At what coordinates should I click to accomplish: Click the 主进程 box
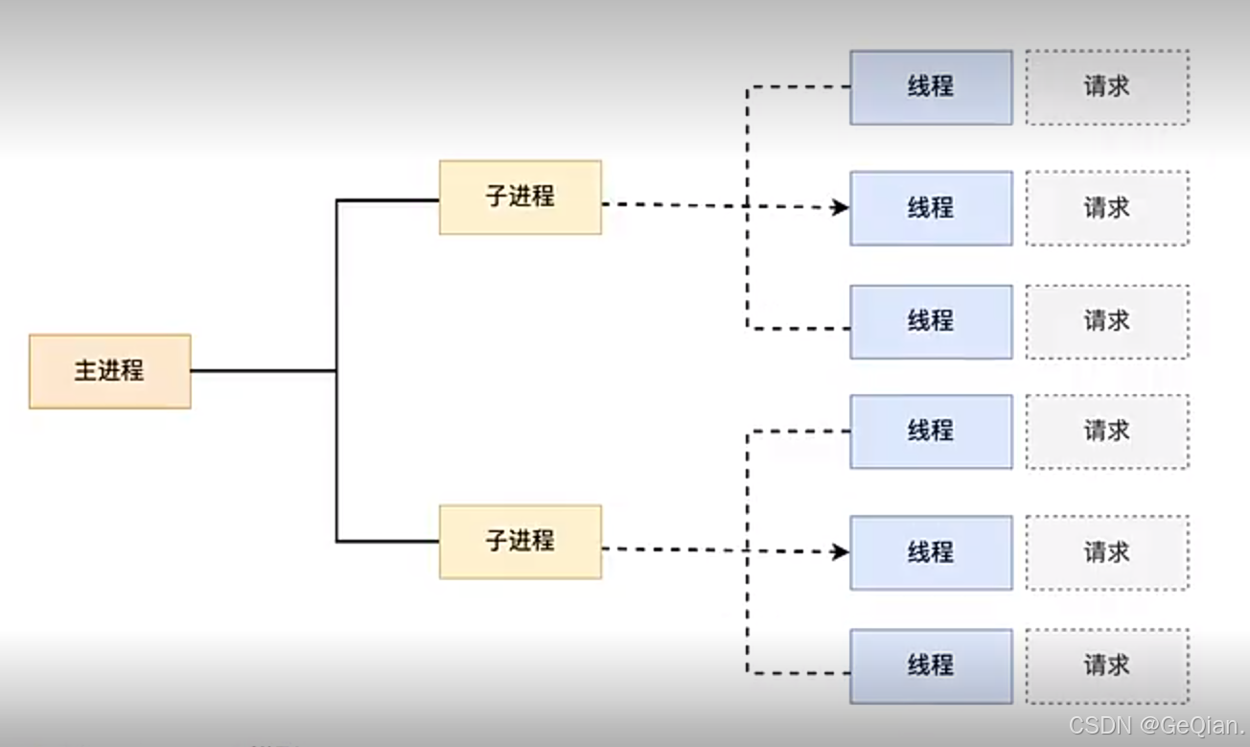(x=109, y=371)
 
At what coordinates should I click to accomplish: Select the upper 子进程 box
(x=521, y=198)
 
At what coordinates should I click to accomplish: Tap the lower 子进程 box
(x=521, y=542)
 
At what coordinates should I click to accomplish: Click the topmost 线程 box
(x=931, y=87)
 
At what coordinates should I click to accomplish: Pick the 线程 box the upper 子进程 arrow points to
(x=931, y=208)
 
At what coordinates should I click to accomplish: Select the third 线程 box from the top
(x=931, y=321)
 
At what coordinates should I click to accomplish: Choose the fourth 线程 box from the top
(x=931, y=432)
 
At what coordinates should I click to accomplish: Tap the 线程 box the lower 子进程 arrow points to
(x=931, y=552)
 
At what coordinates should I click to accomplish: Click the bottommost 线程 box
(x=931, y=665)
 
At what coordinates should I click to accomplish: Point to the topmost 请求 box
(x=1107, y=87)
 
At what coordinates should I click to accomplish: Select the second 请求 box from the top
(x=1107, y=208)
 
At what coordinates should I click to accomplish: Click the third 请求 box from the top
(x=1107, y=321)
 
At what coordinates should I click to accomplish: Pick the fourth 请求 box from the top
(x=1107, y=432)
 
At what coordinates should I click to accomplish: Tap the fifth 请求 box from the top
(x=1107, y=552)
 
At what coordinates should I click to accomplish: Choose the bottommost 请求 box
(x=1107, y=665)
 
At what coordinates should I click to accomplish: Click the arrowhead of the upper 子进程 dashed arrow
(x=841, y=207)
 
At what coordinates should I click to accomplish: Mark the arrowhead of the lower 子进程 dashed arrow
(x=841, y=551)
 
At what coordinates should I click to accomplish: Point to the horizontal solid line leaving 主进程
(x=264, y=370)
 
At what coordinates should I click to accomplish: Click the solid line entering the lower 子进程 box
(x=388, y=542)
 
